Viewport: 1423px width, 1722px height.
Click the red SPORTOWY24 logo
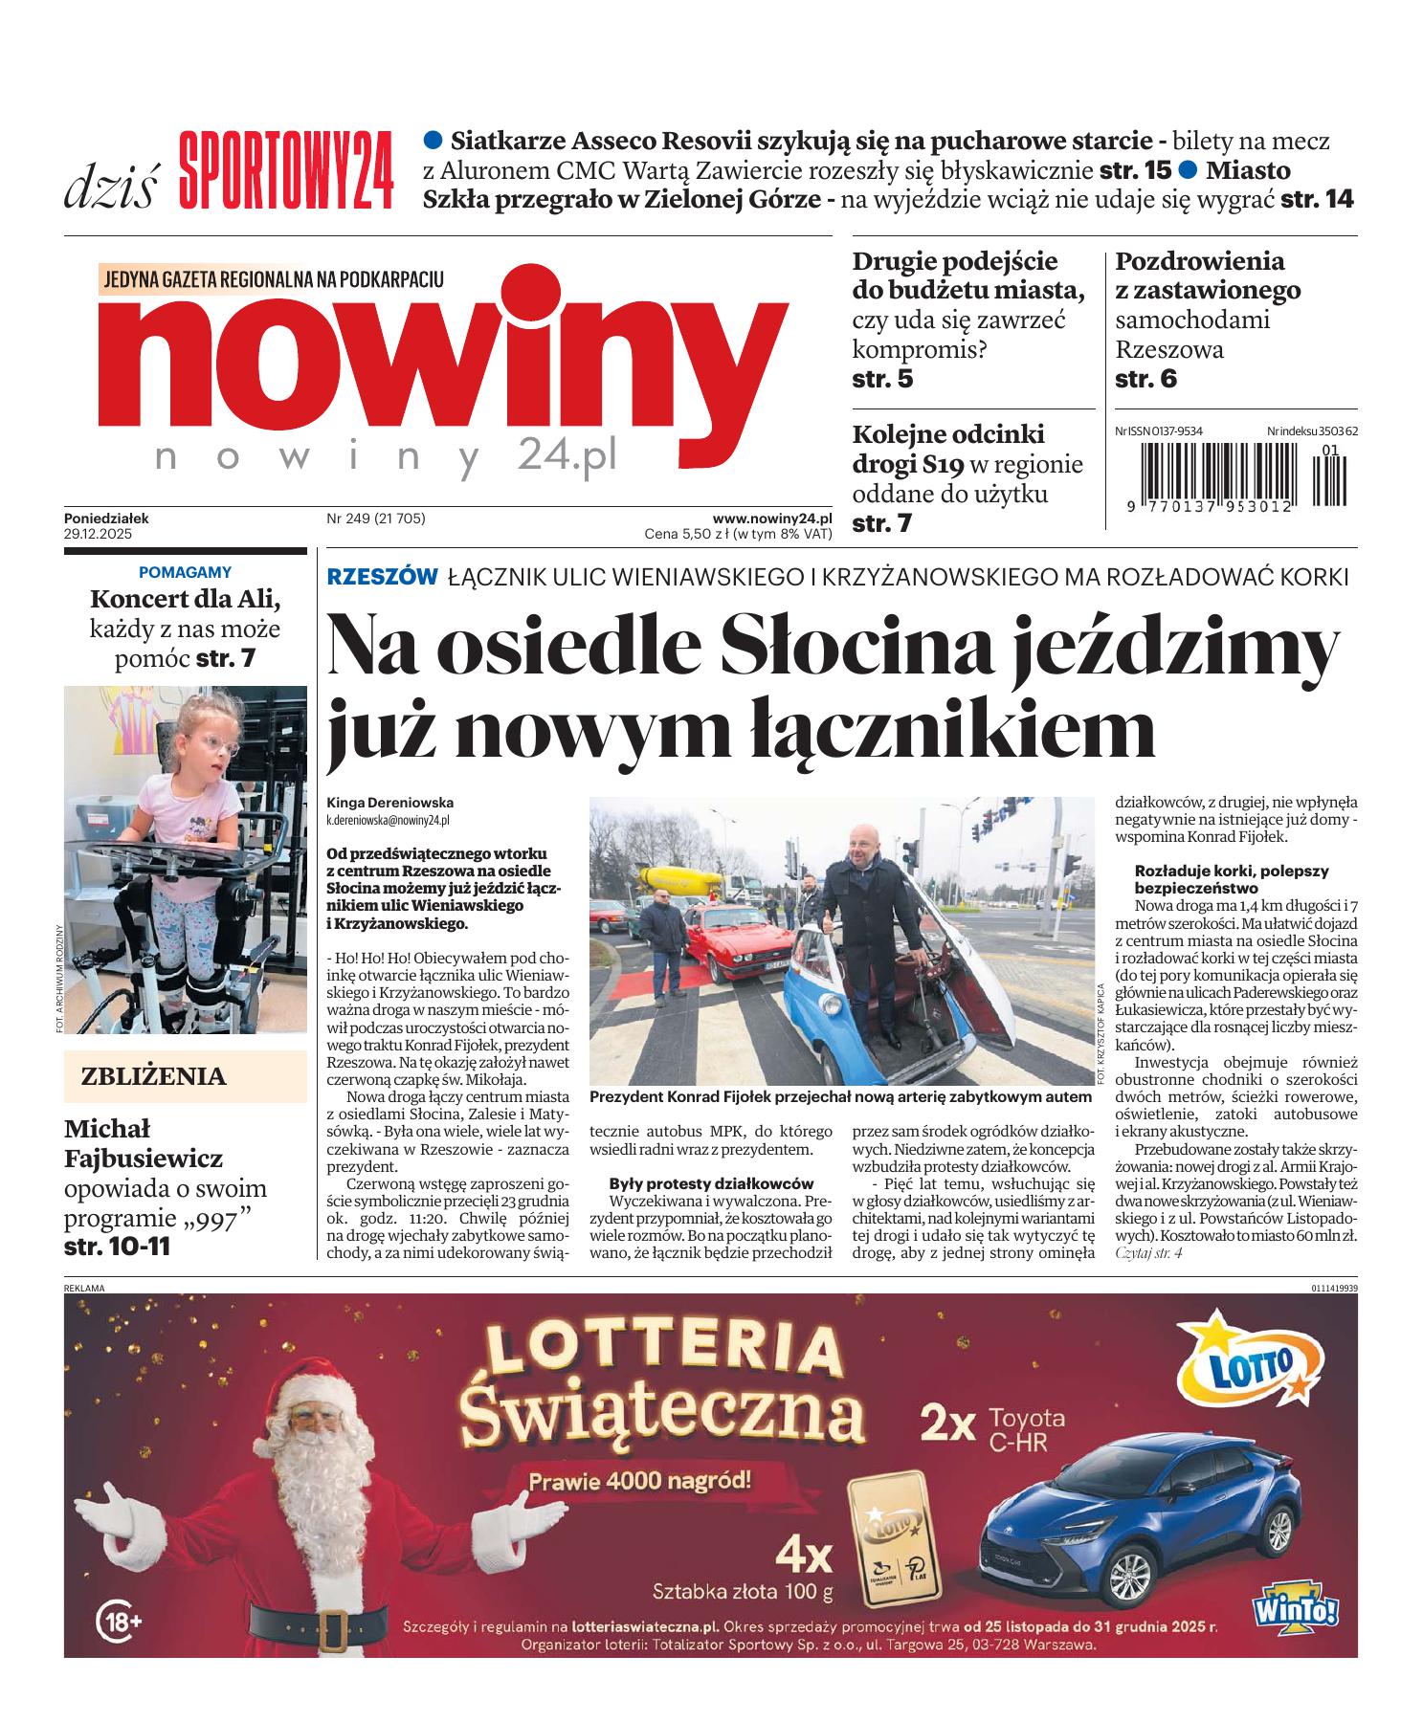[286, 169]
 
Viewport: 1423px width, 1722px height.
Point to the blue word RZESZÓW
[382, 577]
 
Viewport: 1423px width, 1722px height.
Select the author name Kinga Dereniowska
[389, 803]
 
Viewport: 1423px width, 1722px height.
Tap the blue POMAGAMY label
[185, 572]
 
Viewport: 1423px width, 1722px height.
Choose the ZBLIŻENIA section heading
[154, 1076]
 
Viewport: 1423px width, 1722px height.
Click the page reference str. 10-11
[118, 1247]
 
